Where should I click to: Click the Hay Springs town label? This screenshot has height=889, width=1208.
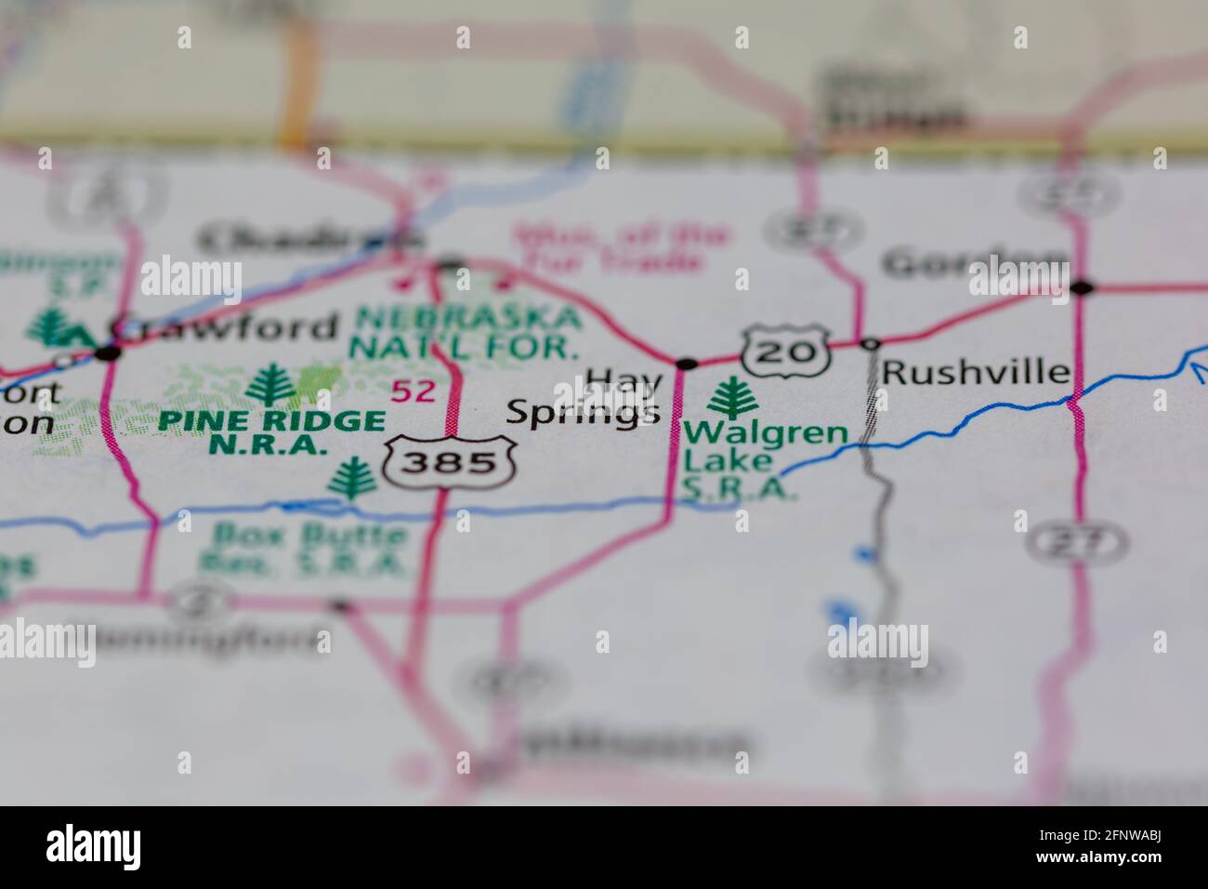pyautogui.click(x=585, y=398)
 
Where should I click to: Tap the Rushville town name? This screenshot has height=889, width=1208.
pyautogui.click(x=976, y=372)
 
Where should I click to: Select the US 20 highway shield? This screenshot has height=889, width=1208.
pyautogui.click(x=784, y=351)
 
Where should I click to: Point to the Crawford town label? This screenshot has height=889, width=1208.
pyautogui.click(x=223, y=326)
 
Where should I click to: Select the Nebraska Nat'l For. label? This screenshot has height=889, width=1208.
pyautogui.click(x=466, y=332)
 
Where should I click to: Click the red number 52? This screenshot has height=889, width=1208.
pyautogui.click(x=413, y=391)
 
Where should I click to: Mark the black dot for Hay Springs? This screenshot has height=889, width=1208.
pyautogui.click(x=687, y=364)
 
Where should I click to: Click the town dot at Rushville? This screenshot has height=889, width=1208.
pyautogui.click(x=870, y=344)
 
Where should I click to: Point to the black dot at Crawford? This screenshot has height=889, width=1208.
pyautogui.click(x=109, y=352)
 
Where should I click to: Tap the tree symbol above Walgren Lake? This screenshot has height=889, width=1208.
pyautogui.click(x=733, y=399)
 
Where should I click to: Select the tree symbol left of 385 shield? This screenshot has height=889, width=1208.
pyautogui.click(x=352, y=480)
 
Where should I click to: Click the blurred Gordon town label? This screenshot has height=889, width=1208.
pyautogui.click(x=976, y=264)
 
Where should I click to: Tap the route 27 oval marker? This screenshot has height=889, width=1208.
pyautogui.click(x=1078, y=541)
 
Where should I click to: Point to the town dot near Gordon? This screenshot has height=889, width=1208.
pyautogui.click(x=1081, y=288)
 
